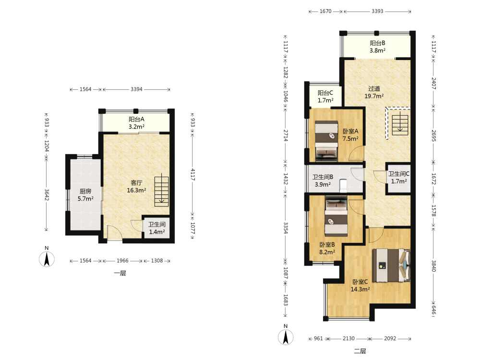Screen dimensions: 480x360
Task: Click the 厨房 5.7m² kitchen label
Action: (85, 195)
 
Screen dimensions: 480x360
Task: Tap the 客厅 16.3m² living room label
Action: (136, 186)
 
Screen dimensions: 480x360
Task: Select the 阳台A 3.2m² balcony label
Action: (136, 123)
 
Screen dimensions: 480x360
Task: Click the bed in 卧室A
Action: (326, 141)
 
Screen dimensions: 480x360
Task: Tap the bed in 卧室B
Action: (336, 216)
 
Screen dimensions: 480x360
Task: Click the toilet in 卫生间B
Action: (344, 185)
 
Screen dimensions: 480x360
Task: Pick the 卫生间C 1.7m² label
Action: (399, 178)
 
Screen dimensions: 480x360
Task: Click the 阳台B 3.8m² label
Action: (377, 47)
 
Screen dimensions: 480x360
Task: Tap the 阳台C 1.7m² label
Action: (325, 96)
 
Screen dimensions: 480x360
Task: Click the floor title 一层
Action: (120, 273)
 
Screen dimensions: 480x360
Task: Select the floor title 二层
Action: (360, 351)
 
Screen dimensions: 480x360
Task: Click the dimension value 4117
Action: (193, 175)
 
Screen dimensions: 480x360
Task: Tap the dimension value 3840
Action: (433, 266)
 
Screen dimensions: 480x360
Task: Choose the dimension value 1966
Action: (122, 261)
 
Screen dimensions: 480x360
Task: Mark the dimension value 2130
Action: (348, 338)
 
